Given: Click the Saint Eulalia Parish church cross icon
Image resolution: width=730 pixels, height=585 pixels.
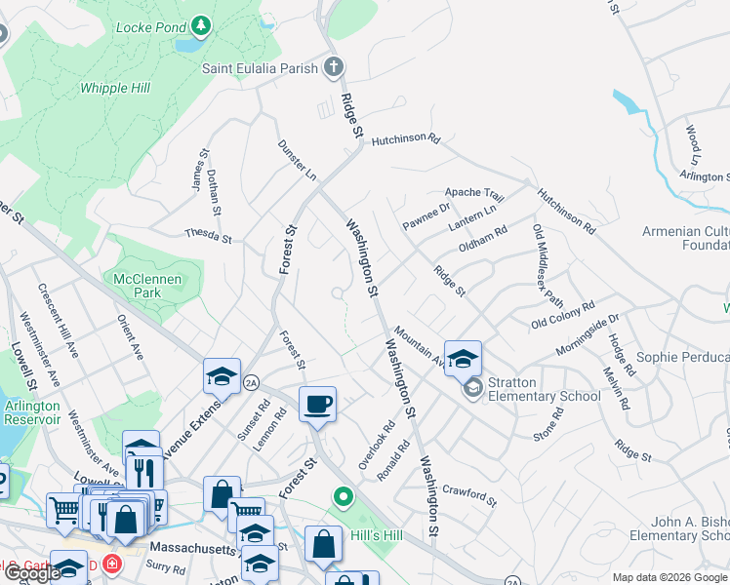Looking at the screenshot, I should [x=334, y=68].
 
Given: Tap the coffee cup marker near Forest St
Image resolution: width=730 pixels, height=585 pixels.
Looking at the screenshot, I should [x=317, y=404].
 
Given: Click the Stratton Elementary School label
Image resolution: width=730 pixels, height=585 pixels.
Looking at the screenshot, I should [x=545, y=389].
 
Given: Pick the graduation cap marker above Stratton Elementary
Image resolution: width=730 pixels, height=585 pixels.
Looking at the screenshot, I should [x=463, y=357].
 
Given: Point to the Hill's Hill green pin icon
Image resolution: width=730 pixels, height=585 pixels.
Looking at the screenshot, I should [x=343, y=498].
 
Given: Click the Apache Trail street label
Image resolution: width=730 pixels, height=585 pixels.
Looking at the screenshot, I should [x=474, y=194].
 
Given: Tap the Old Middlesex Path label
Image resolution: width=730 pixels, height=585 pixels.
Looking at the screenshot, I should [x=547, y=265].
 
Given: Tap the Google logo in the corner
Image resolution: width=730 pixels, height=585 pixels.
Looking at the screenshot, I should [x=32, y=573].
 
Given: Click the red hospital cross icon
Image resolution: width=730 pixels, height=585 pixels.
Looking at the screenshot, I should [x=112, y=565].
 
